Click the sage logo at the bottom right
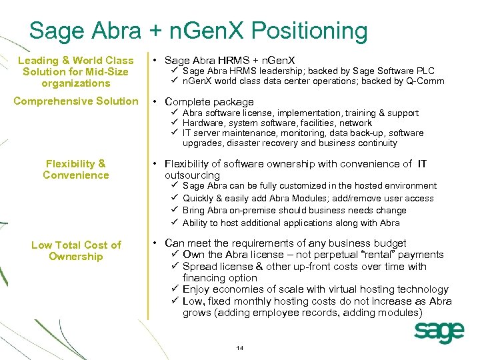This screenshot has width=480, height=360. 439,331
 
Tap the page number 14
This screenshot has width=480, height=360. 240,349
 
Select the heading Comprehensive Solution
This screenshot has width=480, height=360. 75,101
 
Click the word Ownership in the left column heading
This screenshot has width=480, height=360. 76,257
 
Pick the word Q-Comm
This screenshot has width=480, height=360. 428,81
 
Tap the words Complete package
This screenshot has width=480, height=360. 209,102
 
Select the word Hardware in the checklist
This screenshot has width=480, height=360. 203,123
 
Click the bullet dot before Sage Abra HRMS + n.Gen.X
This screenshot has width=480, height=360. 155,61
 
